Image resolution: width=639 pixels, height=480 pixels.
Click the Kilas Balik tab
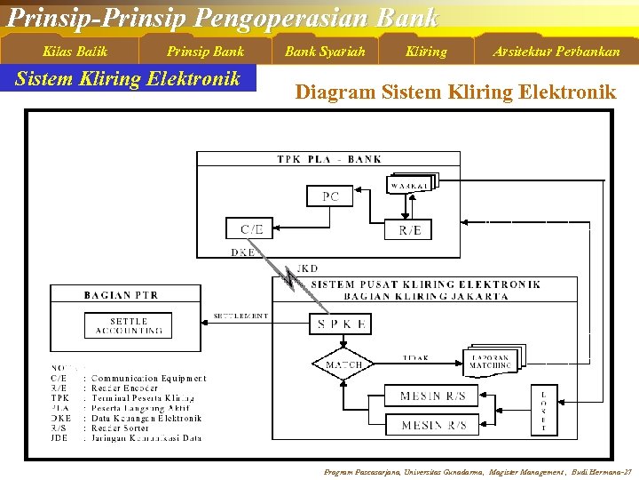coord(75,51)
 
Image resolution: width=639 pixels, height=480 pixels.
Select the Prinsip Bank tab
coord(205,51)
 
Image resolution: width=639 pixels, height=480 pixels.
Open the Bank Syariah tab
coord(325,51)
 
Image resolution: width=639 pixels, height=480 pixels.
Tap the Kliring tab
coord(426,51)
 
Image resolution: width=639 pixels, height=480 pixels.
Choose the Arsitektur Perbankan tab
coord(556,51)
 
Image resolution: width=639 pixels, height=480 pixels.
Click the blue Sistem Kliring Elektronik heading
coord(129,78)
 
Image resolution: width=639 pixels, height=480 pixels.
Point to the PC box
coord(331,196)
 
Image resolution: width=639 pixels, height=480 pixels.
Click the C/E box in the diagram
coord(252,228)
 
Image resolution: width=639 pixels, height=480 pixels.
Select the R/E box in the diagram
coord(409,228)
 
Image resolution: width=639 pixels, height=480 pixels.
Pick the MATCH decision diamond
coord(343,364)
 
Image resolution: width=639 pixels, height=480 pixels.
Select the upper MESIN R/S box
coord(432,396)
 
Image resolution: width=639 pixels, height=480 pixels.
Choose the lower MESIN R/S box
coord(432,425)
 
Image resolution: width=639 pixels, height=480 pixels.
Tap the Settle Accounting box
coord(129,325)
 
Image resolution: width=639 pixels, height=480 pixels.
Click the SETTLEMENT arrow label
coord(241,316)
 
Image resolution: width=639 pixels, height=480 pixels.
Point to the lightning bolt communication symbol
coord(290,277)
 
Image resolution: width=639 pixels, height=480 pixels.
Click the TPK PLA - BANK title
coord(329,159)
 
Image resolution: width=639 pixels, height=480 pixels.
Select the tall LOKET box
coord(543,412)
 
